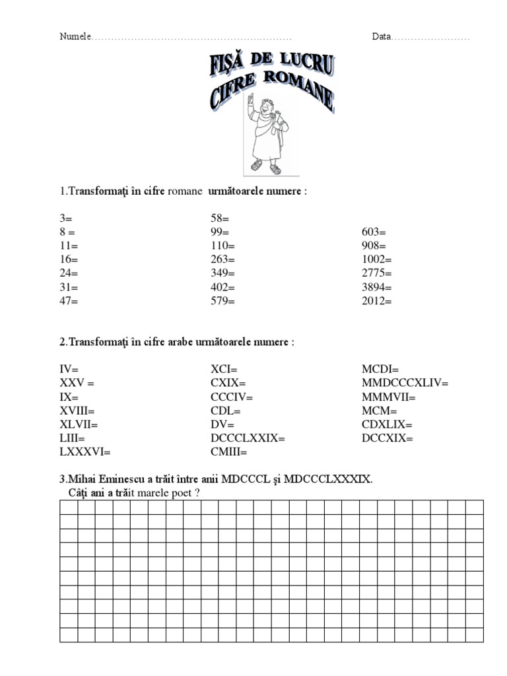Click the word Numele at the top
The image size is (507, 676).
(75, 37)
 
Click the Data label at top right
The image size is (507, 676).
(381, 37)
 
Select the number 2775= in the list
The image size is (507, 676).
(377, 273)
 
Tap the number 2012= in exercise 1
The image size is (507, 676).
(377, 301)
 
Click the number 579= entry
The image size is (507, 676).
(222, 301)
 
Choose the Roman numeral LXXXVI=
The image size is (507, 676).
(85, 452)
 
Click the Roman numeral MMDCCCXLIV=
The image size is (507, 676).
(405, 383)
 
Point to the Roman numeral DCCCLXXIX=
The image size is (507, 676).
(248, 438)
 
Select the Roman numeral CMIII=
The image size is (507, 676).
(228, 452)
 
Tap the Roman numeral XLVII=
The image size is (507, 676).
(79, 424)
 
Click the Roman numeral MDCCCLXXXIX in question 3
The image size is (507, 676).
(328, 479)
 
